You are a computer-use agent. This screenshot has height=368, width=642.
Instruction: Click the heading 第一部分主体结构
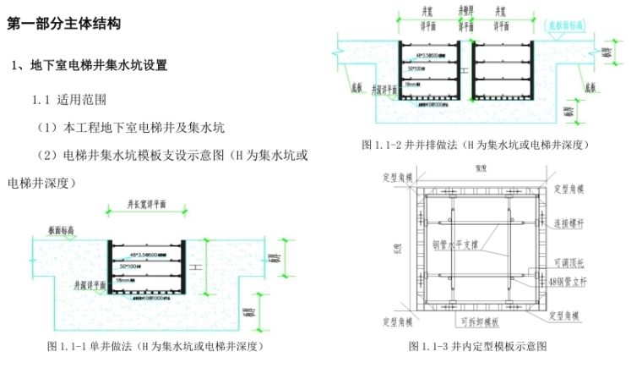click(63, 24)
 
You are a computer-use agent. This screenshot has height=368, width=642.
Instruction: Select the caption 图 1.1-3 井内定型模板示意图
click(477, 346)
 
